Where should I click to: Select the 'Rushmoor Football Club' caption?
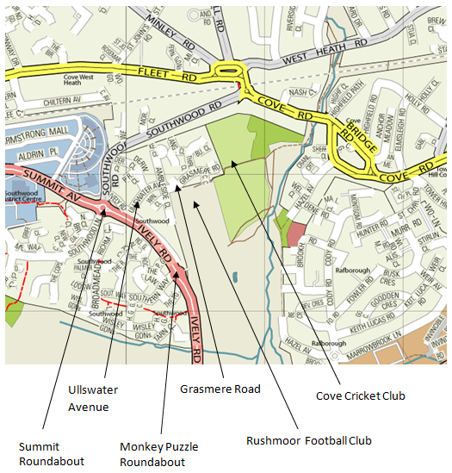tap(308, 440)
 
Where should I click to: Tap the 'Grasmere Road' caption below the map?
tap(220, 389)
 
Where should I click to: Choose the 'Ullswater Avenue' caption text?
tap(93, 398)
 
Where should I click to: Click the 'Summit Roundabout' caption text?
tap(52, 453)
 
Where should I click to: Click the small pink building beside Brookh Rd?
tap(295, 233)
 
